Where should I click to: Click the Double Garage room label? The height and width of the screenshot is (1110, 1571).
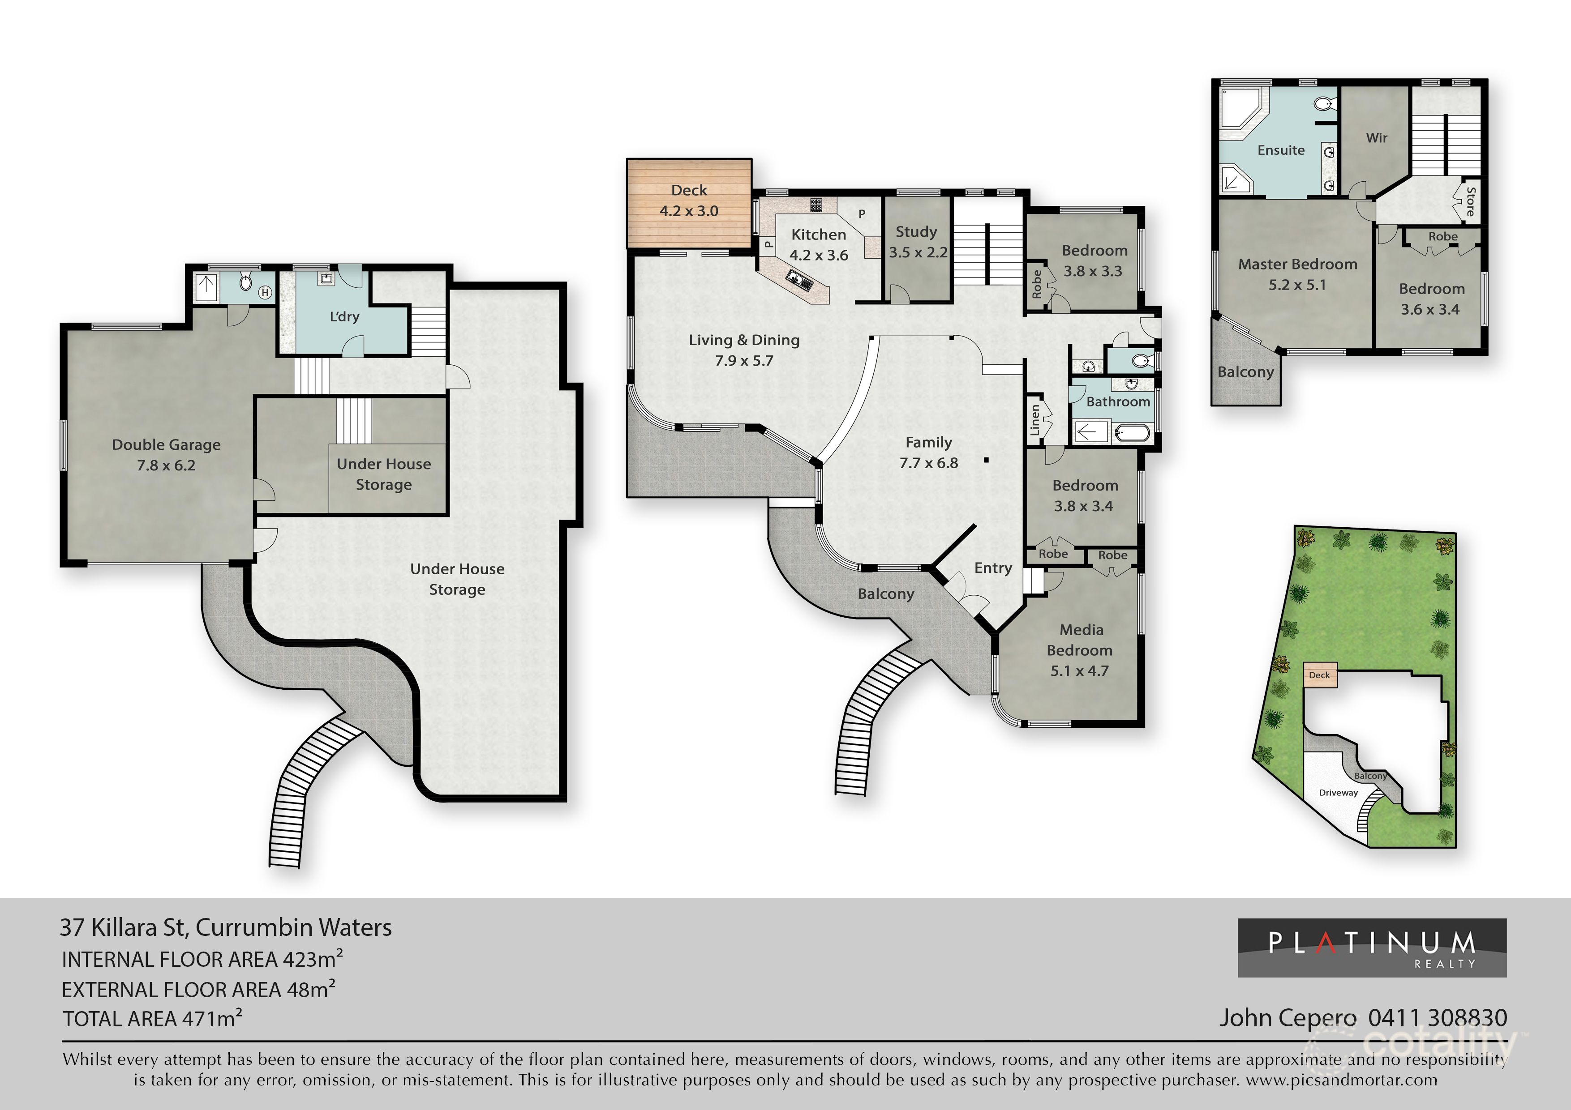pos(166,455)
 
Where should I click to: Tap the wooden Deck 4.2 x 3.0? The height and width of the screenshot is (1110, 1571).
pos(689,203)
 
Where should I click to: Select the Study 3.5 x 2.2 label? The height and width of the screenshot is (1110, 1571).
pos(918,242)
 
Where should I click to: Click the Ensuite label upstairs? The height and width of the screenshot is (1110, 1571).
pos(1281,150)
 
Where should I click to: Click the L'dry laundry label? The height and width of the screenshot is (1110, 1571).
pos(344,316)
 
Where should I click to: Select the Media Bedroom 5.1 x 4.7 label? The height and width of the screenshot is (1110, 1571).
pos(1080,650)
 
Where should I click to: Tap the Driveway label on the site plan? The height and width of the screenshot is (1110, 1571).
pos(1339,793)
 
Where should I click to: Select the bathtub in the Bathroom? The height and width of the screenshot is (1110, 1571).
pos(1133,432)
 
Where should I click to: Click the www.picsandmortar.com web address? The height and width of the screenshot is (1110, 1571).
pos(1342,1080)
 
